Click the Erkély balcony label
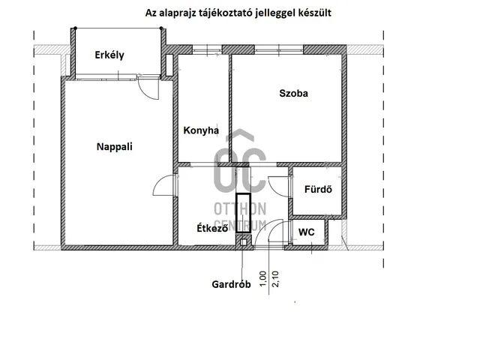click(x=109, y=55)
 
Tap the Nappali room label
click(x=114, y=147)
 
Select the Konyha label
click(x=201, y=130)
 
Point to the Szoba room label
click(x=294, y=94)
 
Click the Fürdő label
click(x=319, y=190)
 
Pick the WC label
click(x=306, y=232)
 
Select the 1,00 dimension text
click(x=262, y=279)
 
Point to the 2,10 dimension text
click(x=275, y=279)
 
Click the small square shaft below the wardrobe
click(x=242, y=241)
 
